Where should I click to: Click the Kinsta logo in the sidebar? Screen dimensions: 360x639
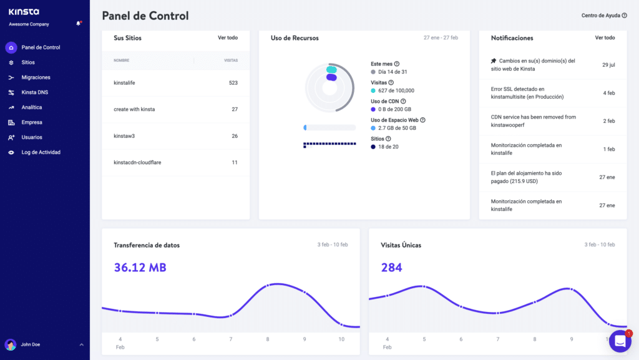(24, 12)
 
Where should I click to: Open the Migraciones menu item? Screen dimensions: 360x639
(36, 77)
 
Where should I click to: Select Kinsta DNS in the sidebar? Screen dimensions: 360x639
(34, 92)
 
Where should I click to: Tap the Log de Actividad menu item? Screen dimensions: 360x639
(41, 152)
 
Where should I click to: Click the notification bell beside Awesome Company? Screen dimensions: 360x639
(79, 24)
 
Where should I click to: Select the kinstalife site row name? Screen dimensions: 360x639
(124, 82)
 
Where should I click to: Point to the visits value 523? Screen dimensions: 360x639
(233, 82)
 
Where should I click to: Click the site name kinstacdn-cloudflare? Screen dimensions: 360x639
(136, 162)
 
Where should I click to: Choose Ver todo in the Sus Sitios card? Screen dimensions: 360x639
(228, 37)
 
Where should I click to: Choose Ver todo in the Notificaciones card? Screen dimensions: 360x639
(605, 37)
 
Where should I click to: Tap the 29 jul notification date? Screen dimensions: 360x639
(608, 64)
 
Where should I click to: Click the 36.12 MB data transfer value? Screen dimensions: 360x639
(140, 268)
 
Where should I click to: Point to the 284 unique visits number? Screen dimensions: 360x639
(391, 268)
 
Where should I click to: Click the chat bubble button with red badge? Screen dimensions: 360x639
(620, 341)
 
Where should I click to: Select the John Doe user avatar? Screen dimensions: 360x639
(11, 344)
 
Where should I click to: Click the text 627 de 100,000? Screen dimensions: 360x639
(396, 90)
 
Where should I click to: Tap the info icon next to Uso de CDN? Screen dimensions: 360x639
(403, 101)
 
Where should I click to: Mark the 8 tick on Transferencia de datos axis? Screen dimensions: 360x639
(268, 339)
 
